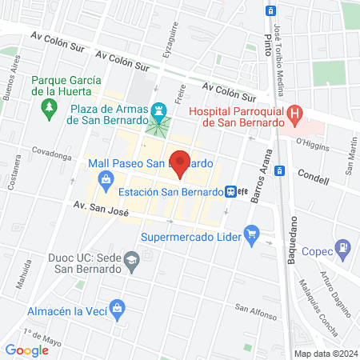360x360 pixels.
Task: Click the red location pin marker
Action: click(x=181, y=162)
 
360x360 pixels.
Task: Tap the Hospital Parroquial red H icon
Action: click(x=296, y=114)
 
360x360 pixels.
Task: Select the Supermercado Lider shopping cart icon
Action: click(x=252, y=235)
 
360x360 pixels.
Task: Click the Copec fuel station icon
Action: click(x=342, y=247)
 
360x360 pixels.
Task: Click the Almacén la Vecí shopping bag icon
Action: click(x=118, y=306)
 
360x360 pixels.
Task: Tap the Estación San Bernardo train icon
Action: click(x=230, y=191)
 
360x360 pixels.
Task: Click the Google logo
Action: click(x=26, y=350)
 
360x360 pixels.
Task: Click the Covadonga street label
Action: click(x=51, y=150)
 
